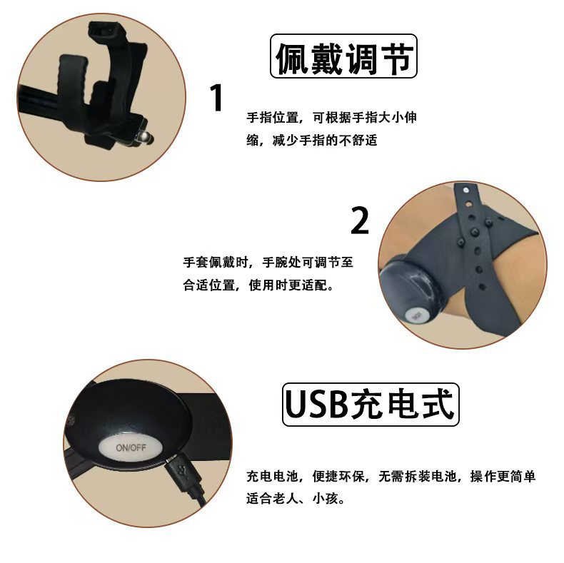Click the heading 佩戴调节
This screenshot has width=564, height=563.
(x=343, y=57)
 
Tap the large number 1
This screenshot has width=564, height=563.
(x=218, y=99)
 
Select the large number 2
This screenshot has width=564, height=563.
(x=361, y=221)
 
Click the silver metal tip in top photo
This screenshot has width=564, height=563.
(x=144, y=135)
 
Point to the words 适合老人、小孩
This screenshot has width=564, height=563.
(x=296, y=499)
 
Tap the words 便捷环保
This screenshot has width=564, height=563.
(x=339, y=476)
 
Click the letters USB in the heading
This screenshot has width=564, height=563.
(x=315, y=405)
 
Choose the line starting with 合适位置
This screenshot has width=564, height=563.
(x=258, y=285)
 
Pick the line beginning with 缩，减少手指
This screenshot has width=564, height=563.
(x=311, y=140)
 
